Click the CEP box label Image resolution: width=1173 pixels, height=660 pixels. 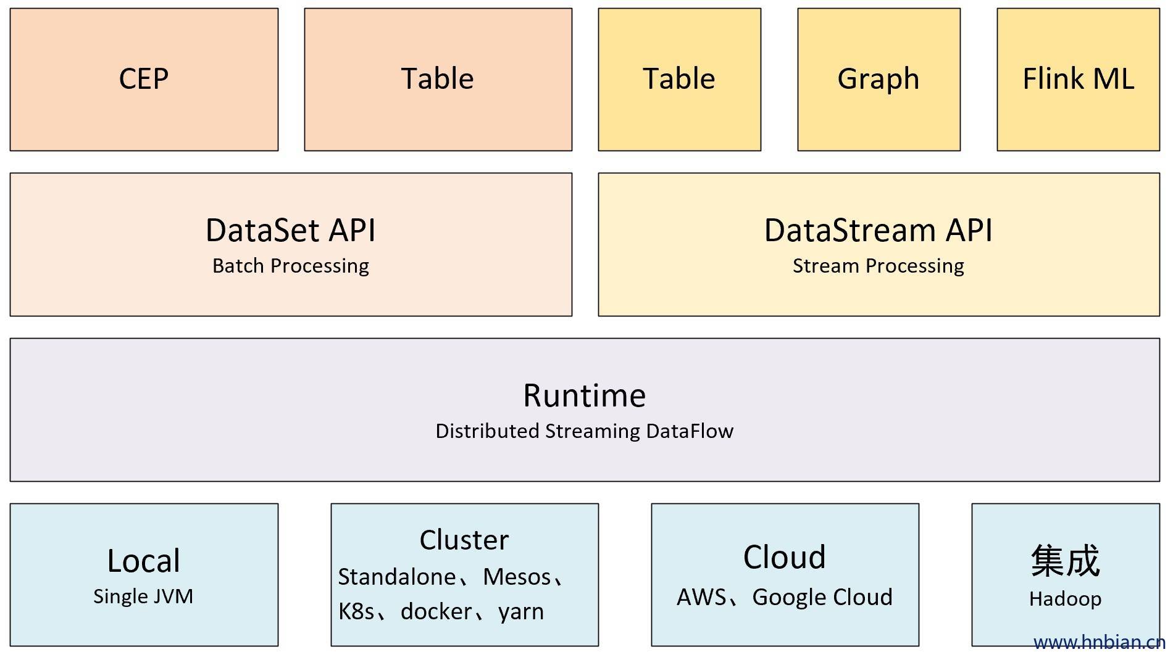pos(144,79)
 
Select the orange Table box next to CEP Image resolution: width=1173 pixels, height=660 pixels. pos(438,79)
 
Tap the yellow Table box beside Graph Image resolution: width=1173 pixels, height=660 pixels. pos(679,79)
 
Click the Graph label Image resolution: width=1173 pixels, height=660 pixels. pos(879,79)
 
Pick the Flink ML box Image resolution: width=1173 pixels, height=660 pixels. pos(1078,79)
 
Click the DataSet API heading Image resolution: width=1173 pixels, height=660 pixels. pos(291,231)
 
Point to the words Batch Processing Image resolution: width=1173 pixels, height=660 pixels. pos(291,266)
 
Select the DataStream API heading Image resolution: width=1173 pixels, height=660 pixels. pos(879,231)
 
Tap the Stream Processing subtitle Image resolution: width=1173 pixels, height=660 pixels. pos(879,266)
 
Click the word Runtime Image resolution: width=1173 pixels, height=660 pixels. pos(585,395)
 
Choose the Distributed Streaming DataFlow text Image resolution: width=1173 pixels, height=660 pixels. pos(585,431)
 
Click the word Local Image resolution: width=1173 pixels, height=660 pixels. pos(144,561)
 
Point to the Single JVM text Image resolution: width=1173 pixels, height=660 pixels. pos(143,596)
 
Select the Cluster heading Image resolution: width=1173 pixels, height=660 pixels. pos(464,540)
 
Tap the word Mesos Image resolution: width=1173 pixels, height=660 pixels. pos(517,577)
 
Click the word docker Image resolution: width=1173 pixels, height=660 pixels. pos(436,612)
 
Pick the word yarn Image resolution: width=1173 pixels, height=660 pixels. pos(521,612)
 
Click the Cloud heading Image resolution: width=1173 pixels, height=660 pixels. pos(785,558)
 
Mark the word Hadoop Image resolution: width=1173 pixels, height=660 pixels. pos(1065,599)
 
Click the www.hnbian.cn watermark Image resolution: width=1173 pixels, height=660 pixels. pos(1099,643)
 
